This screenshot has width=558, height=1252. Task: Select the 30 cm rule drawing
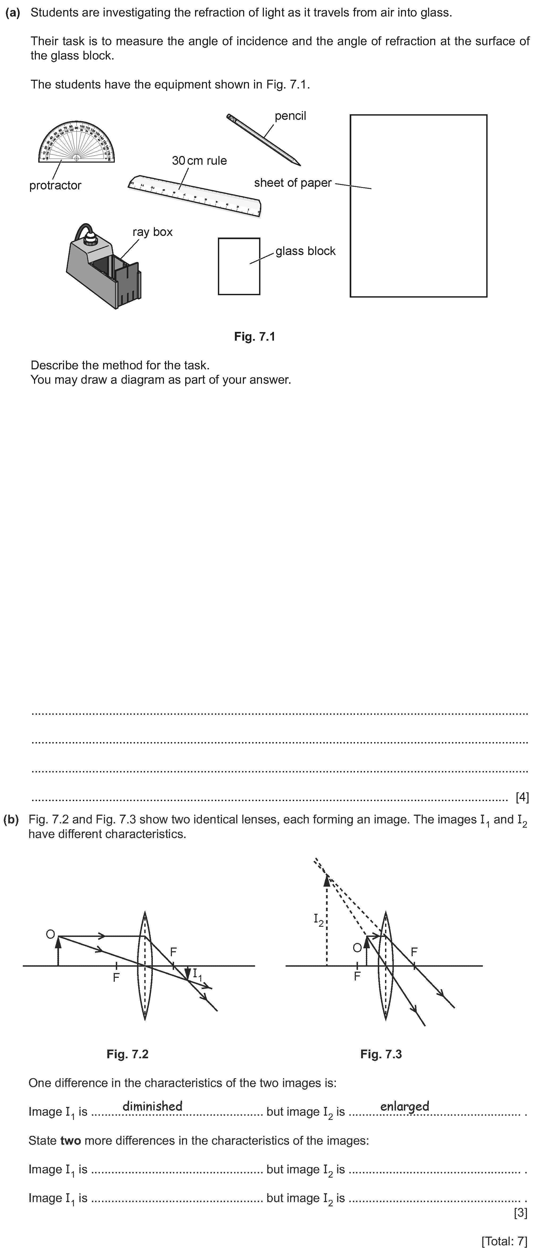coord(195,195)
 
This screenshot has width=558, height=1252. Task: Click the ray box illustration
coord(104,267)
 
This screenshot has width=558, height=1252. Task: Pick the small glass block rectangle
coord(239,266)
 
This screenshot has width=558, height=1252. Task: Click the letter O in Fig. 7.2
coord(50,934)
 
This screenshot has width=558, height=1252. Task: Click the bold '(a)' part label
coord(13,13)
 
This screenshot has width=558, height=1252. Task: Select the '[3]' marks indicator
coord(520,1213)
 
